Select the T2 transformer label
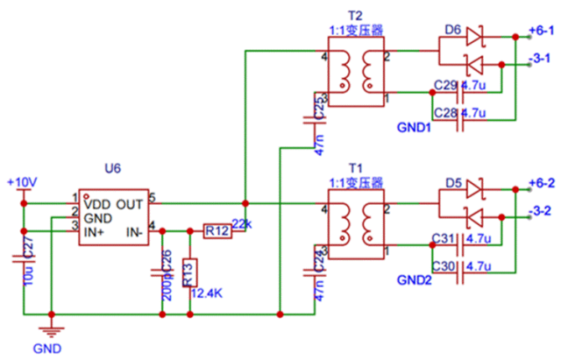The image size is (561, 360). tap(354, 17)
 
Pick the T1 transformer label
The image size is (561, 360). tap(354, 167)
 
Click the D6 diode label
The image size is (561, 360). tap(452, 29)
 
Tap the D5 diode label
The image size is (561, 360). tap(452, 183)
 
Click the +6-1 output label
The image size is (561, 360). tap(542, 31)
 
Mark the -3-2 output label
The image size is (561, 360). tap(540, 211)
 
